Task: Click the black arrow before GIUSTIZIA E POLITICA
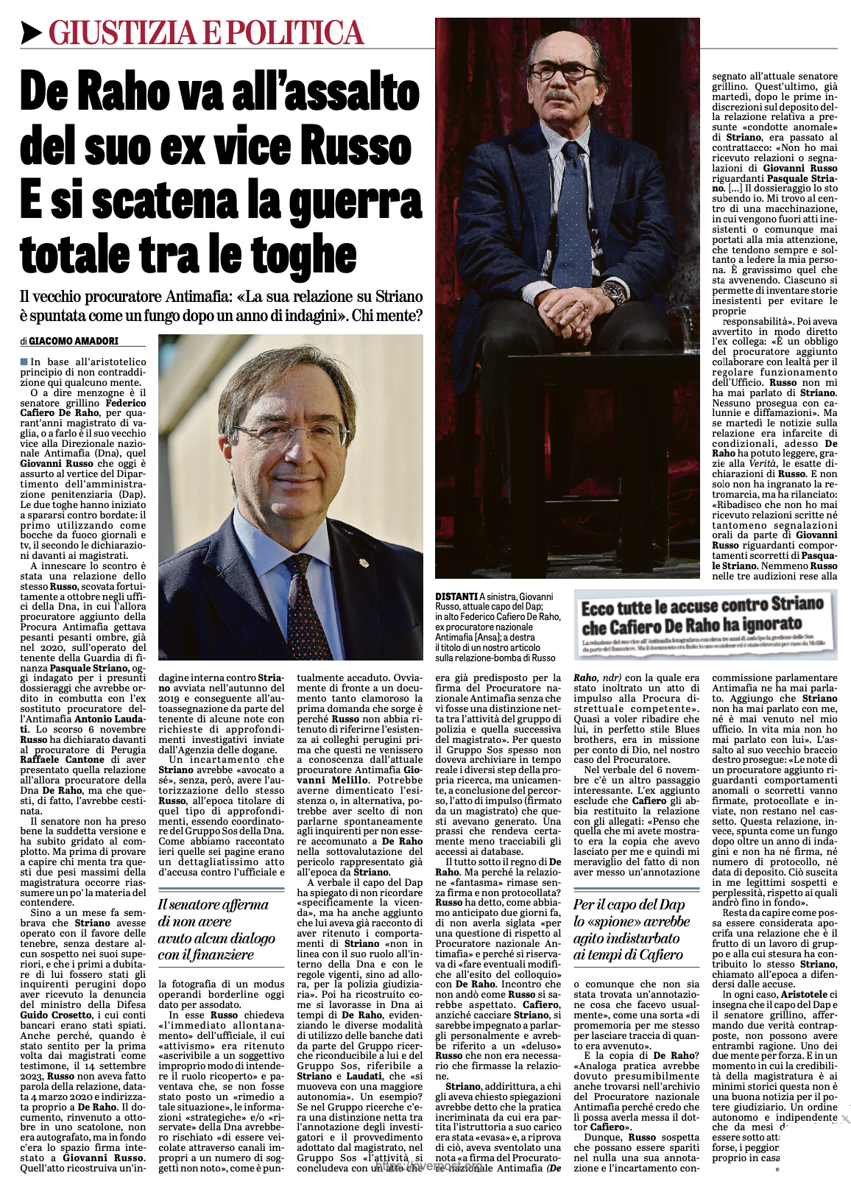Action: [x=32, y=33]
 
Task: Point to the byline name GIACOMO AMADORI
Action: [x=74, y=341]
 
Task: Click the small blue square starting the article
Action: [x=24, y=362]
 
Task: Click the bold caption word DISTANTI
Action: [x=456, y=596]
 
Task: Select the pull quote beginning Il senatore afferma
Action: [x=217, y=929]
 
